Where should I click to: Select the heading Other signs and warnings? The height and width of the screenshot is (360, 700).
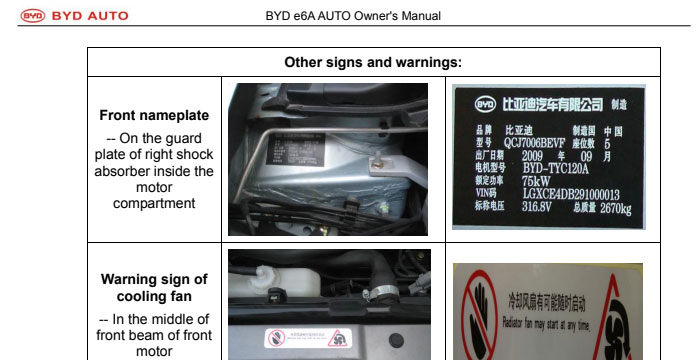(x=373, y=61)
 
